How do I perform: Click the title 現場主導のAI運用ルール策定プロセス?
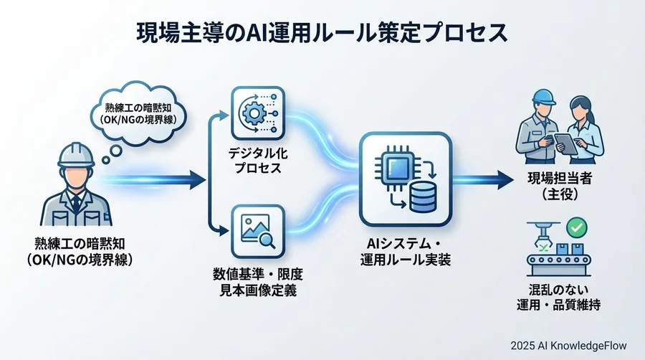322,32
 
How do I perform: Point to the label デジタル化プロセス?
256,163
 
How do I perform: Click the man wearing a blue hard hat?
538,129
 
